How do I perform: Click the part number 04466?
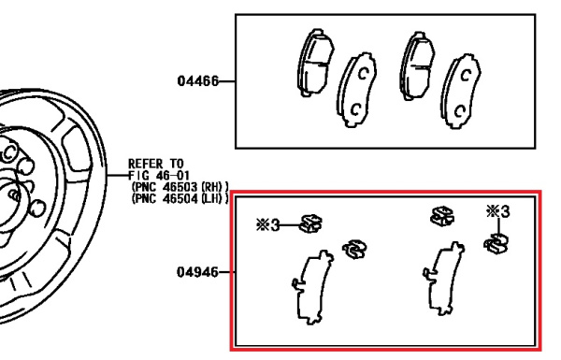197,81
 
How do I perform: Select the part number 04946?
197,272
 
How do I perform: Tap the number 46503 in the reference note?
180,187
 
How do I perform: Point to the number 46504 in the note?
180,198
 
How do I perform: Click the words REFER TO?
155,164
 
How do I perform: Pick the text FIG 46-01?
159,176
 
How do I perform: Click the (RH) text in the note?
215,187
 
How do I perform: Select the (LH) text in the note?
215,198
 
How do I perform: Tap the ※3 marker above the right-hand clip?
498,211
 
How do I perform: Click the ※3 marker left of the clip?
267,225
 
